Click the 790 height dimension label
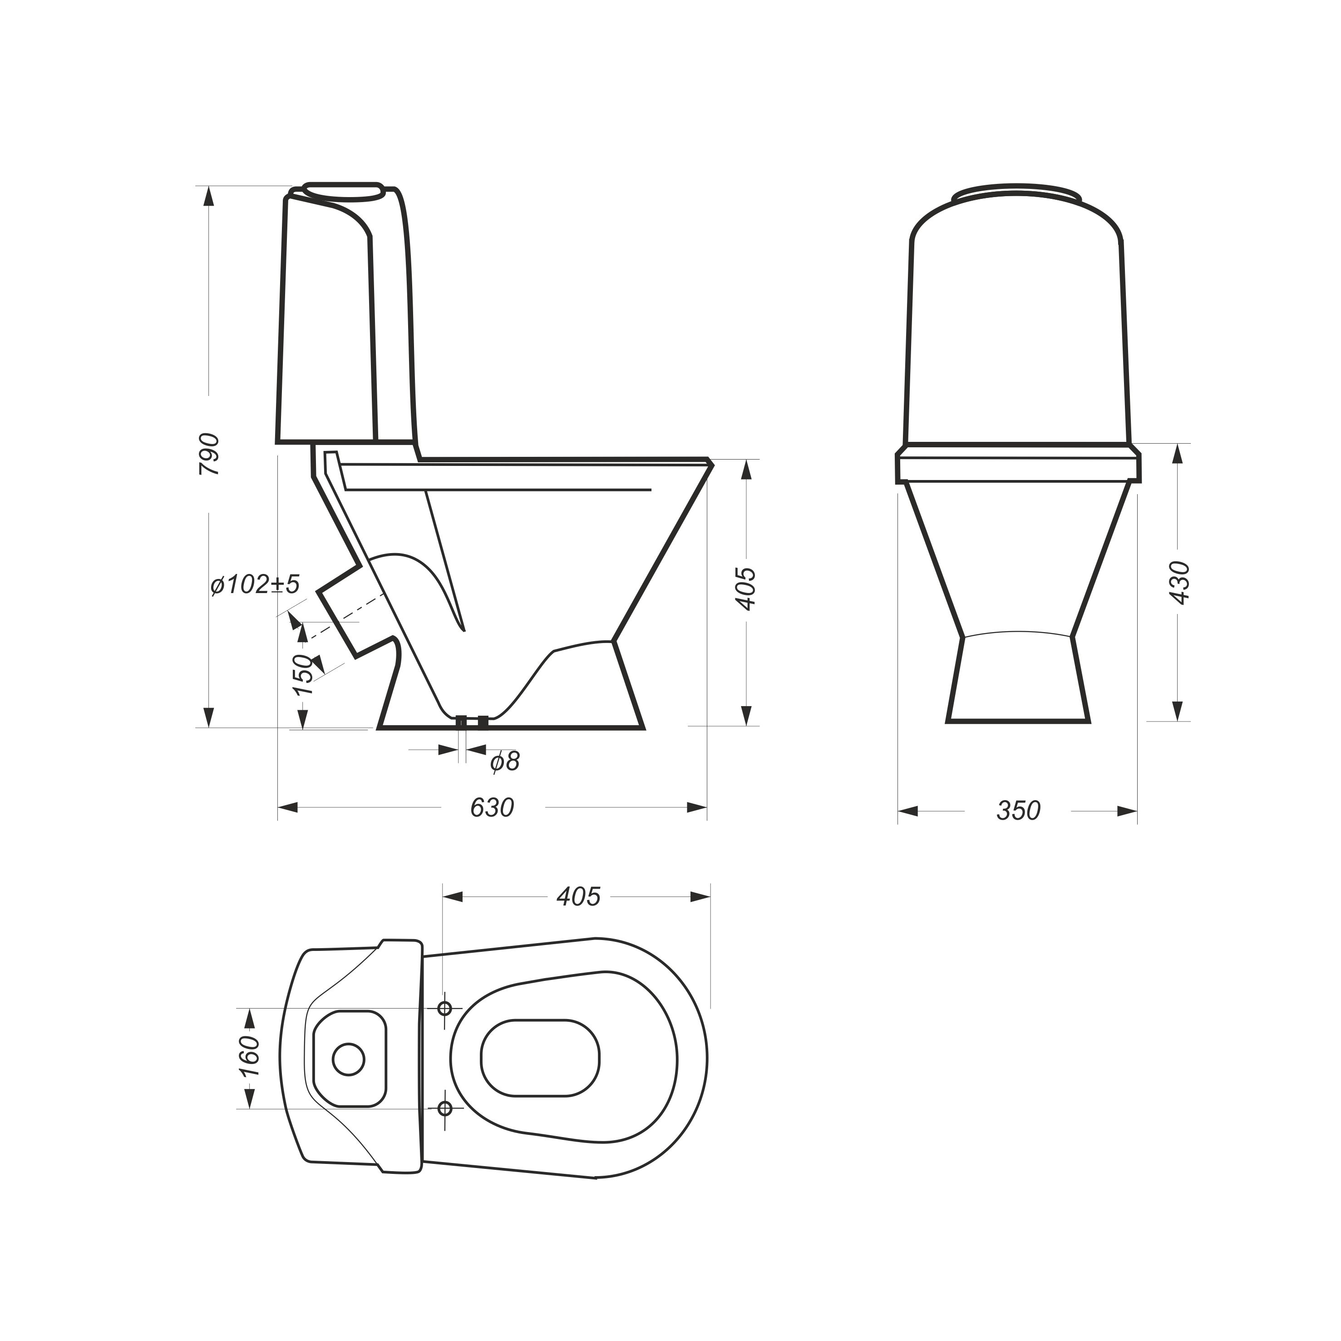209,454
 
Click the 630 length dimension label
492,808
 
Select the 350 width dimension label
1018,811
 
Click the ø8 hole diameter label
505,762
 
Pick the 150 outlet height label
303,674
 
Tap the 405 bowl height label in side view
746,589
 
